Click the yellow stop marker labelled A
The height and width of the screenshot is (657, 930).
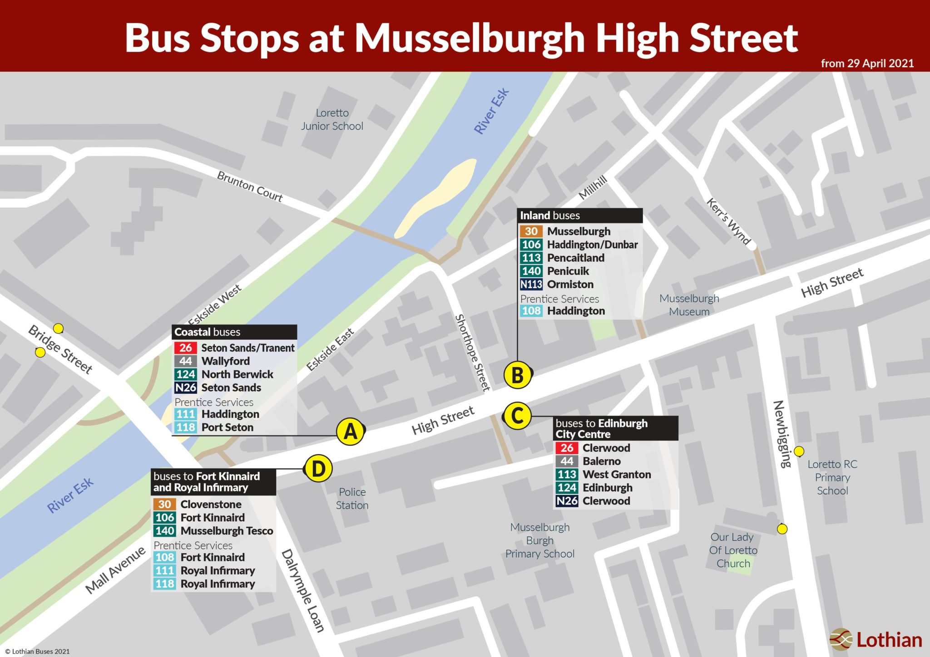(x=351, y=431)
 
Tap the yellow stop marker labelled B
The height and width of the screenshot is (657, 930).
(x=517, y=375)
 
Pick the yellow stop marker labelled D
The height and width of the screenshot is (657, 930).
(x=318, y=469)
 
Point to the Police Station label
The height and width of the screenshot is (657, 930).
(x=352, y=499)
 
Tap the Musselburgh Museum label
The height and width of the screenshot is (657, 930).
(x=689, y=305)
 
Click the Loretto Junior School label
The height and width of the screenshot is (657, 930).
(x=332, y=119)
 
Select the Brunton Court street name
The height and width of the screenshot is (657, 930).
(x=250, y=186)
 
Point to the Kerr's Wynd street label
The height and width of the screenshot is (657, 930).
(x=728, y=221)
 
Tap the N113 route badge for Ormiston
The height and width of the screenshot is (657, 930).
(x=531, y=284)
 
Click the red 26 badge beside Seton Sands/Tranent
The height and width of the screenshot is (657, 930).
(x=185, y=348)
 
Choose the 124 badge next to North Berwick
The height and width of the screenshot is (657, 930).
(x=185, y=374)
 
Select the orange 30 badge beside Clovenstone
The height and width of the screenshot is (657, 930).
(x=164, y=504)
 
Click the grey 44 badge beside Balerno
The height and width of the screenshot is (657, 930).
(x=567, y=461)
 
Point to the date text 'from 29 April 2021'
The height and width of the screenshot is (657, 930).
(x=867, y=64)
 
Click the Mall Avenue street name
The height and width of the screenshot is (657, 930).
(x=115, y=570)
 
